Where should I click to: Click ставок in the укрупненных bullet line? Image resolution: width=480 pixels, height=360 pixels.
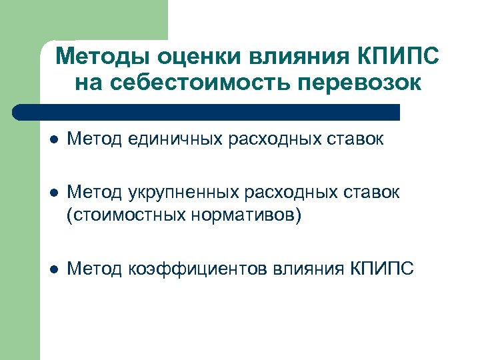click(x=371, y=193)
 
